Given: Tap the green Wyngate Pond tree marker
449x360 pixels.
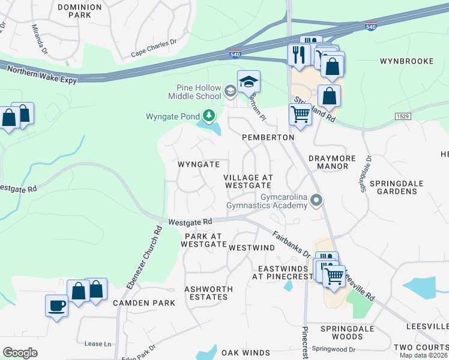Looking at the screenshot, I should click(x=208, y=115).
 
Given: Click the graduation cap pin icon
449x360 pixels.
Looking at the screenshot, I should click(x=249, y=82).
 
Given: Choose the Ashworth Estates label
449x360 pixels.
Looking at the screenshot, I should click(x=208, y=293).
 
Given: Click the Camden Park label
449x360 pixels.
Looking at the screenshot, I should click(x=144, y=303).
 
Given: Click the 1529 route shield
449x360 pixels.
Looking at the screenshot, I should click(x=402, y=115).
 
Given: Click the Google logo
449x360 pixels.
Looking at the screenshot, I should click(x=20, y=353).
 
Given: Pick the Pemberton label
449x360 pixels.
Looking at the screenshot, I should click(x=268, y=137).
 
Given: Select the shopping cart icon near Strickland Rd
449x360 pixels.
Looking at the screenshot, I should click(x=300, y=114).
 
